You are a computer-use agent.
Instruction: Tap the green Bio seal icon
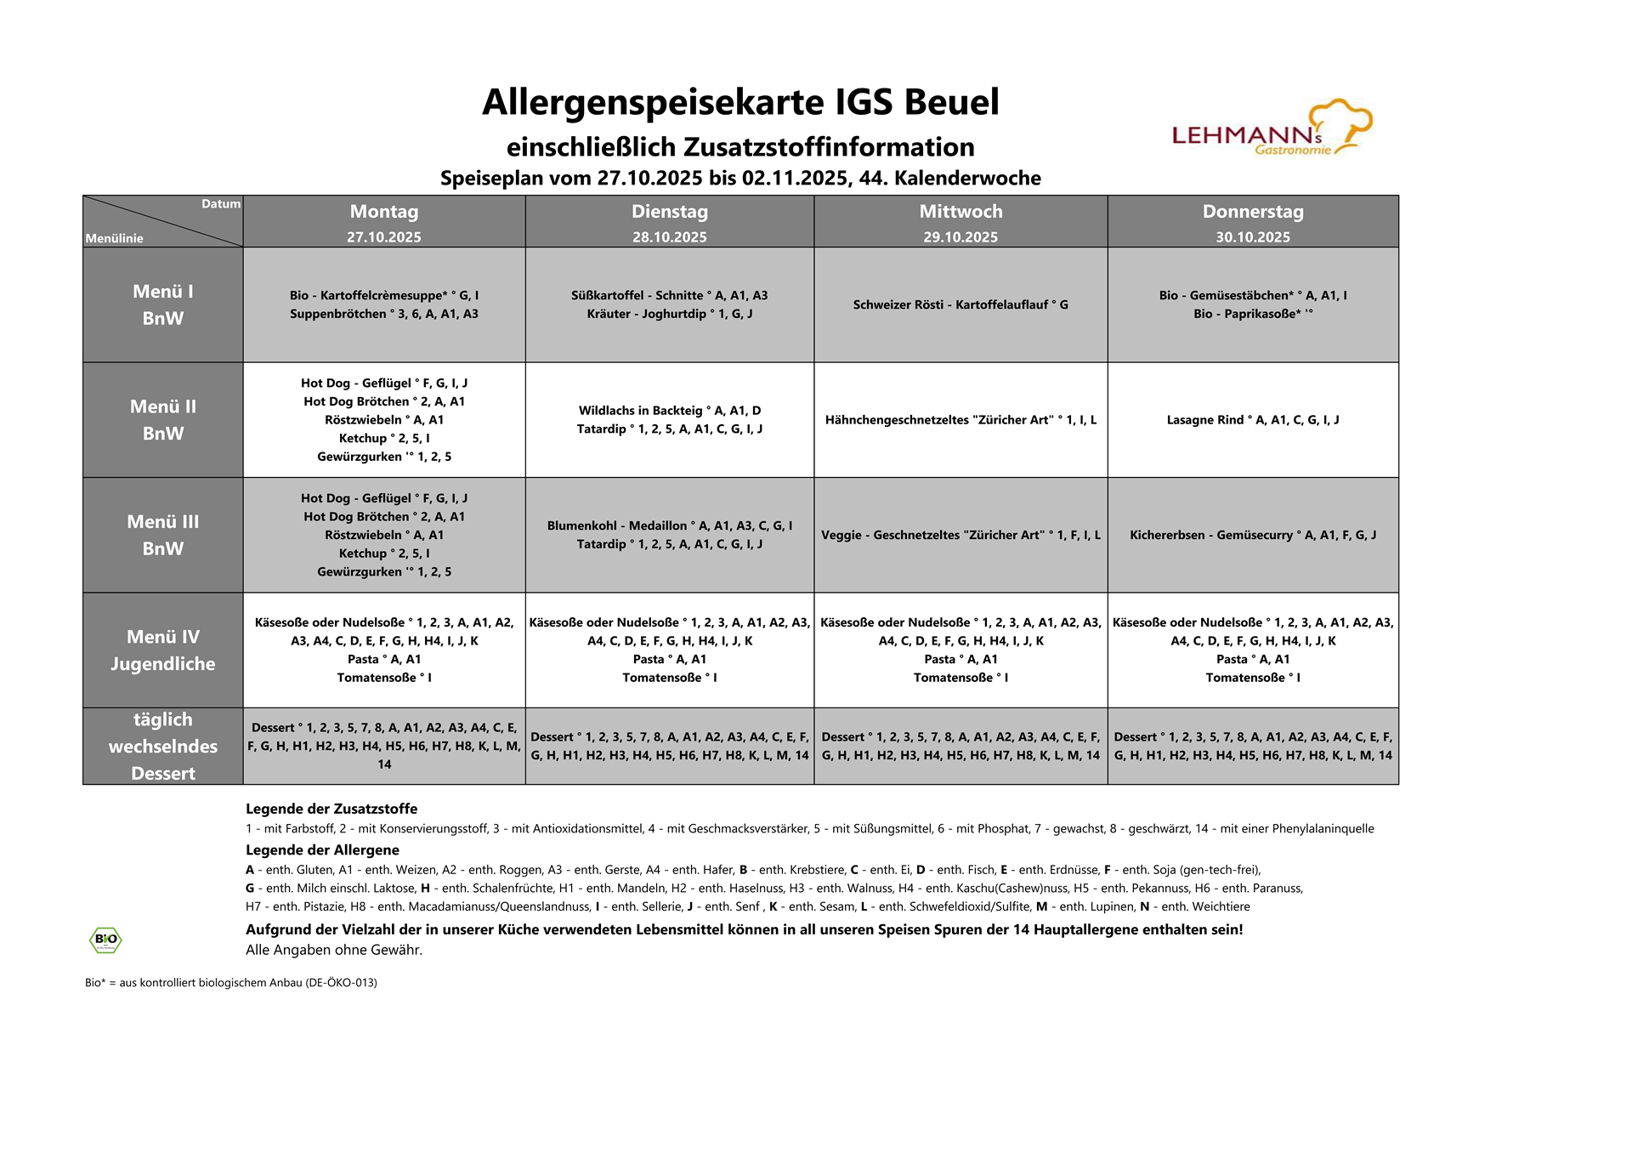coord(105,940)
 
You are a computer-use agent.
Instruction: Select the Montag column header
coord(384,212)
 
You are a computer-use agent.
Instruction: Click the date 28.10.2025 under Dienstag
coord(669,237)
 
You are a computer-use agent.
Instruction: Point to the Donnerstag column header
coord(1252,212)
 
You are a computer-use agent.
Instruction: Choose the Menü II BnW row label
coord(163,420)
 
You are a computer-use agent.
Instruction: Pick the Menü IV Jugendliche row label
coord(163,650)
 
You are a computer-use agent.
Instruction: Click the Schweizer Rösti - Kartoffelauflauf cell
coord(960,304)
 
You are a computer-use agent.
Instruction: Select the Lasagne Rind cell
coord(1252,420)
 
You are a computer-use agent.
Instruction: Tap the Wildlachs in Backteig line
coord(669,411)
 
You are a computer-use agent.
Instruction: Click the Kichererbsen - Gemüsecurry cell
coord(1252,535)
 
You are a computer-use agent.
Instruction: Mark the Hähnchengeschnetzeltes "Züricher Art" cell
coord(960,420)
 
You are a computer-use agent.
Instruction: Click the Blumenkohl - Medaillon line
coord(669,525)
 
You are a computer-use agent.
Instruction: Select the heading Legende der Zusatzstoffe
coord(331,809)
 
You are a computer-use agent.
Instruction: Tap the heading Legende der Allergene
coord(322,849)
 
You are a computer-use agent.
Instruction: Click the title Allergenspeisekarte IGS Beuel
coord(740,102)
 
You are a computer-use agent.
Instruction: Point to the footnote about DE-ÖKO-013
coord(231,982)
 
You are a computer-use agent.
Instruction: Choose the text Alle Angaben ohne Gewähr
coord(334,950)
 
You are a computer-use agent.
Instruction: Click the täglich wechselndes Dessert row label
coord(163,747)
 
